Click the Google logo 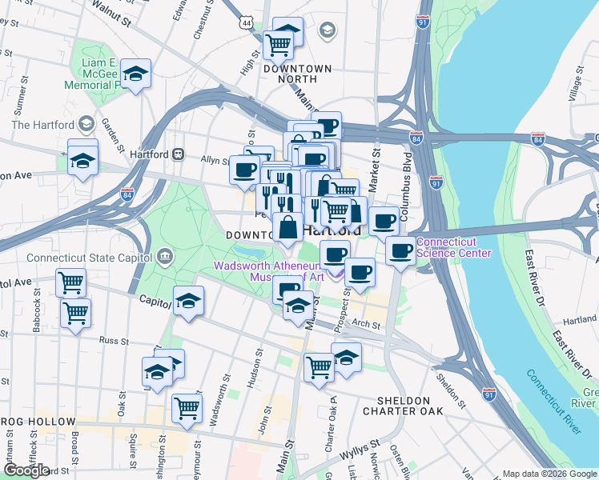pos(26,470)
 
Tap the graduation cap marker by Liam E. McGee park pos(136,74)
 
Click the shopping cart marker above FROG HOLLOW pos(187,406)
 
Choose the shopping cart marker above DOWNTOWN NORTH pos(277,43)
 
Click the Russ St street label pos(114,340)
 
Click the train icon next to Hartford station pos(179,154)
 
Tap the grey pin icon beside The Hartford pos(87,124)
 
